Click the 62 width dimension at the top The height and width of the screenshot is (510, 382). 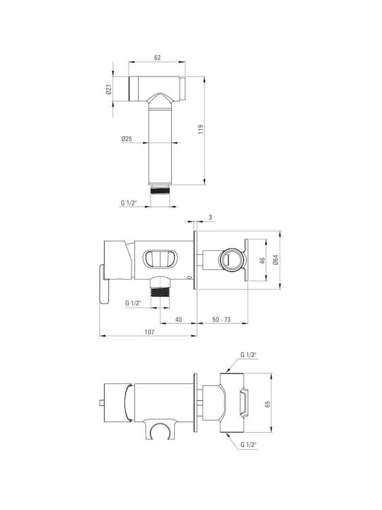(x=157, y=57)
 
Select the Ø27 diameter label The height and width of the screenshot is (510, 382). (x=109, y=89)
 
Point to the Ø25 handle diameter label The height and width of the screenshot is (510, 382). (x=127, y=139)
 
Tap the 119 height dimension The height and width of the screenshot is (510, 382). (x=200, y=130)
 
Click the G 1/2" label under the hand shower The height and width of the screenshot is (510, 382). (x=129, y=203)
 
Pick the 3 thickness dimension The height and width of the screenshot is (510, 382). (x=211, y=217)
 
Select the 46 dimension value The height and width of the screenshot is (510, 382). (x=262, y=261)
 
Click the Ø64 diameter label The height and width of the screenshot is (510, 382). (x=275, y=259)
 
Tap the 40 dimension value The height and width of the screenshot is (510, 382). (x=178, y=319)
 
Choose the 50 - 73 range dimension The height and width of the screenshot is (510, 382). (x=221, y=319)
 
